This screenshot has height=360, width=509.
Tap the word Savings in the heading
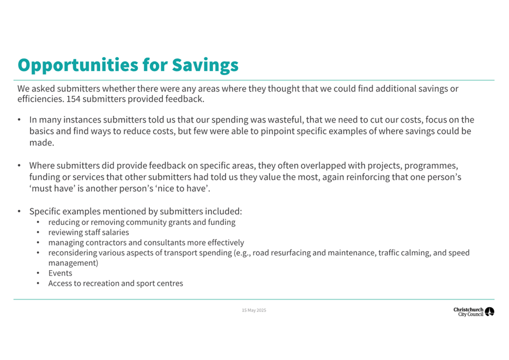(205, 65)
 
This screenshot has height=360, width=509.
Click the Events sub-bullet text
(60, 273)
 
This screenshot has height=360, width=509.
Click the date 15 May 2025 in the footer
(254, 310)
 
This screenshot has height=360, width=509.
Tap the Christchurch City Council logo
(473, 312)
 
